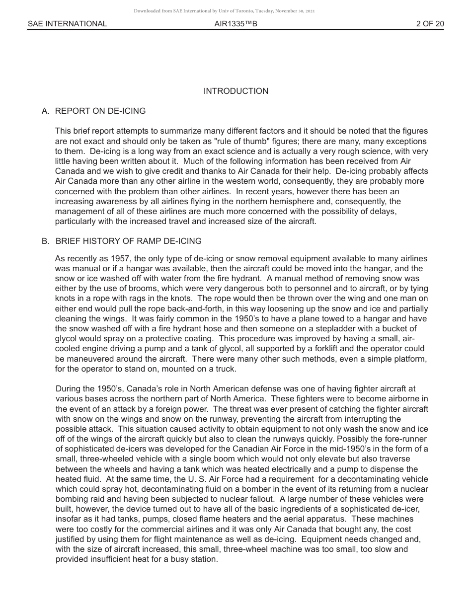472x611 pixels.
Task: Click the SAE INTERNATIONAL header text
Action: pyautogui.click(x=67, y=23)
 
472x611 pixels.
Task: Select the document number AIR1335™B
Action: pyautogui.click(x=236, y=23)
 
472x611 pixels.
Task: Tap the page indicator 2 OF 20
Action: pyautogui.click(x=430, y=23)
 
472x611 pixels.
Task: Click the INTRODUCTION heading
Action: pyautogui.click(x=236, y=91)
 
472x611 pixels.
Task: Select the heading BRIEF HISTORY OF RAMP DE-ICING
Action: pyautogui.click(x=128, y=241)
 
